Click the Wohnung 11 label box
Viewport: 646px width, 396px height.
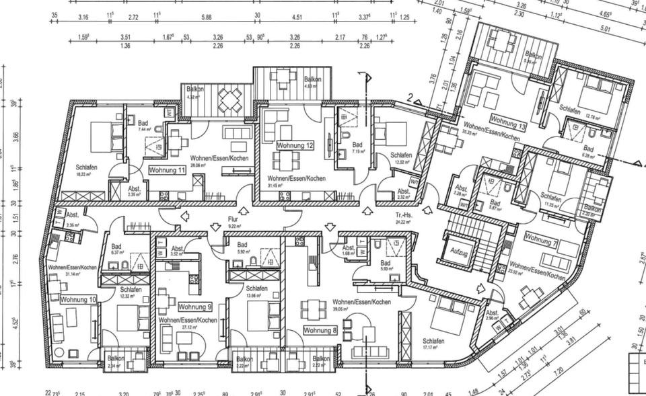point(168,171)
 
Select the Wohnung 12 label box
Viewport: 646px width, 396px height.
point(296,145)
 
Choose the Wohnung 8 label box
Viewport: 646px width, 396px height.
point(320,331)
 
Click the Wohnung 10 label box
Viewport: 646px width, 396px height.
point(79,299)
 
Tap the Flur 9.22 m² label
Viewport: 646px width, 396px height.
point(234,223)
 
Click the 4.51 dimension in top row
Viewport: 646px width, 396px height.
point(295,17)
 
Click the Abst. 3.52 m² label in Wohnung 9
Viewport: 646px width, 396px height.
point(178,251)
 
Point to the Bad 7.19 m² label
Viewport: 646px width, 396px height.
point(357,147)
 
